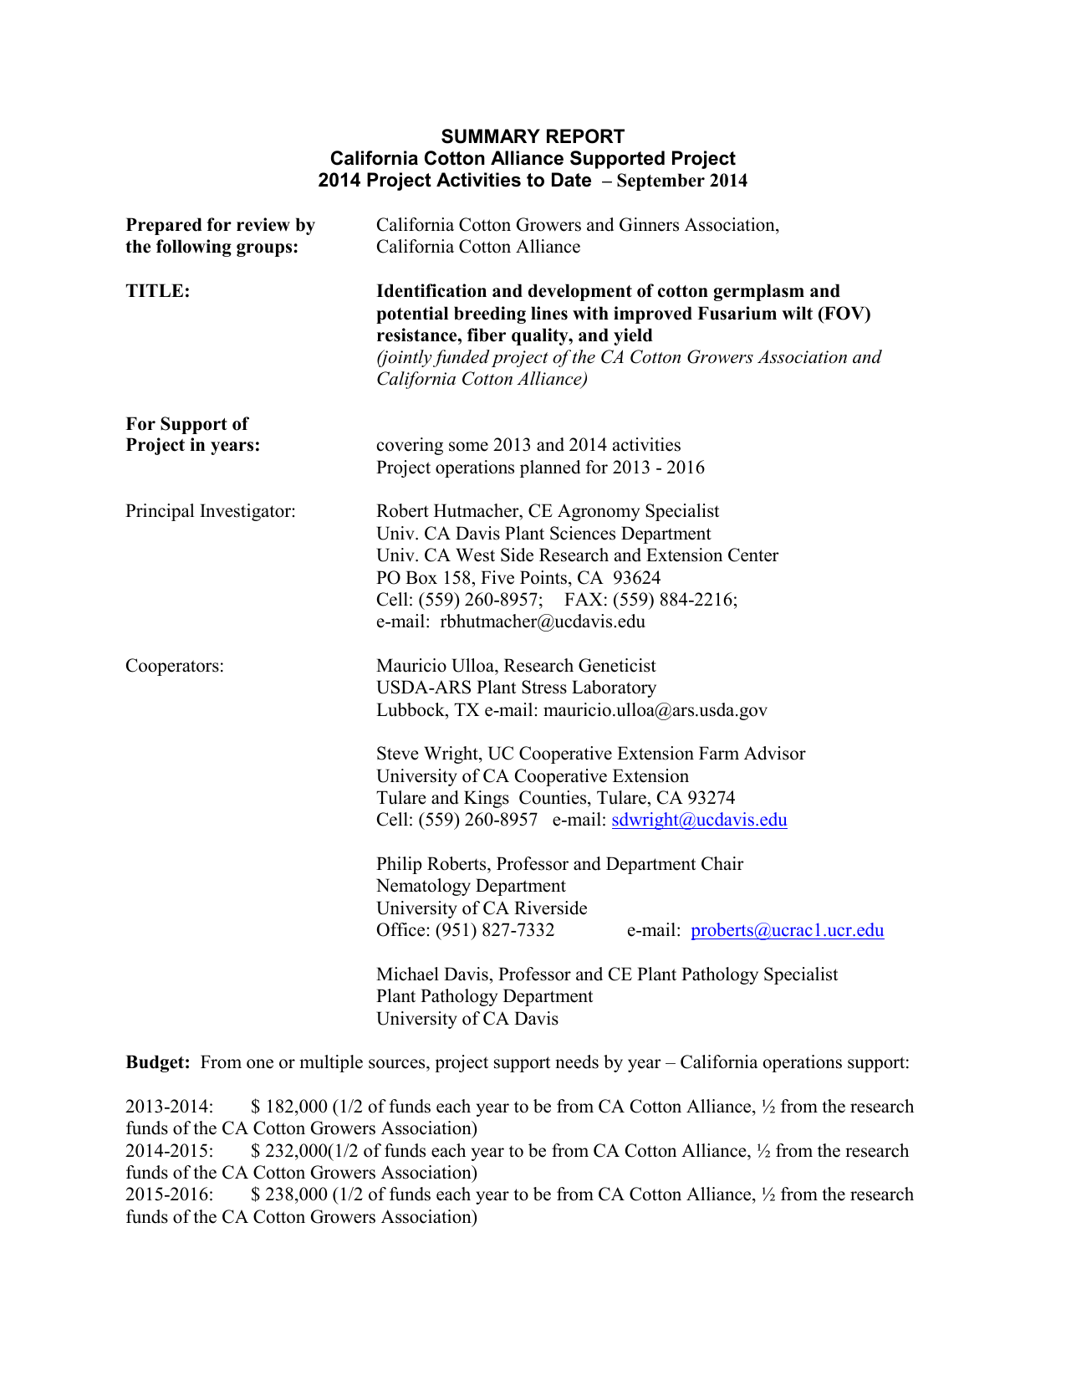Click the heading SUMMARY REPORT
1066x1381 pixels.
click(x=533, y=136)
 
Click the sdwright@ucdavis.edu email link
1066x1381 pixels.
click(x=699, y=820)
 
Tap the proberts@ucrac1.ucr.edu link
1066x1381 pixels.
click(x=787, y=930)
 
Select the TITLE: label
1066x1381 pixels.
click(x=158, y=291)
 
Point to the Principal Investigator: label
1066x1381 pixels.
click(x=211, y=511)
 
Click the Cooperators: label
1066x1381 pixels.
click(x=175, y=666)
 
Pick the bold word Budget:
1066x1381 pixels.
click(x=158, y=1062)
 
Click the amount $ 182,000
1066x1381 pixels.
click(x=289, y=1107)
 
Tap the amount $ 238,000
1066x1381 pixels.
click(x=289, y=1194)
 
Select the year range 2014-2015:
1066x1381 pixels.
click(x=170, y=1151)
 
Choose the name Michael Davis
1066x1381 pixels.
click(x=433, y=974)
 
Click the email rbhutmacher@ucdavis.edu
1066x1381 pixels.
click(x=543, y=621)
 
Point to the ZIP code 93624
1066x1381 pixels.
click(x=636, y=578)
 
